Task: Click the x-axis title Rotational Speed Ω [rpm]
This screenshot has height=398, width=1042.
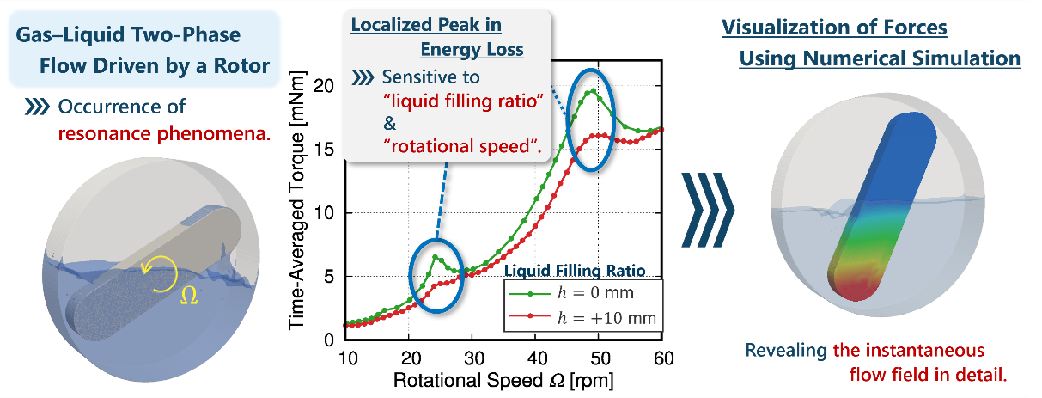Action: (x=503, y=378)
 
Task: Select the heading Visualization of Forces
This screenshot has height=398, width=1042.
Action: (x=834, y=27)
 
